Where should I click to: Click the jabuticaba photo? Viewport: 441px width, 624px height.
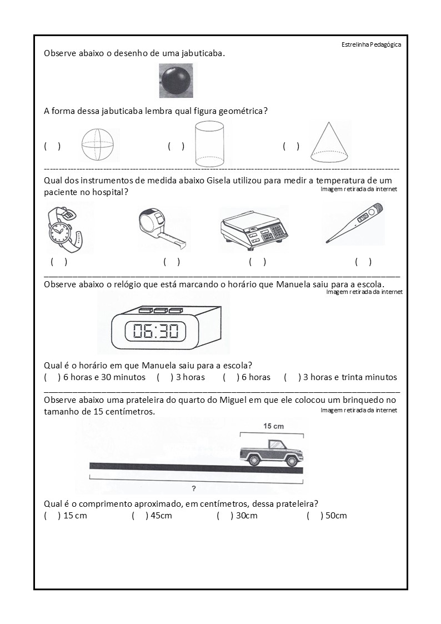pyautogui.click(x=176, y=80)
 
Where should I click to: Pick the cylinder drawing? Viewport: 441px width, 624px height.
pyautogui.click(x=209, y=144)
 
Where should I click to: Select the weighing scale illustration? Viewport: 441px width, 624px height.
pyautogui.click(x=254, y=229)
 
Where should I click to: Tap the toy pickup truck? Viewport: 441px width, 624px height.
pyautogui.click(x=272, y=451)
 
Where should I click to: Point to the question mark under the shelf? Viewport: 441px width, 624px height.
pyautogui.click(x=194, y=489)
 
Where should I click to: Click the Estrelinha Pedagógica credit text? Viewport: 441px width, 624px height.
pyautogui.click(x=371, y=45)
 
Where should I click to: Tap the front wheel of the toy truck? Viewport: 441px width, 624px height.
pyautogui.click(x=291, y=461)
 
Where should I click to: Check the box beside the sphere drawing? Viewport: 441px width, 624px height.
pyautogui.click(x=52, y=146)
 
